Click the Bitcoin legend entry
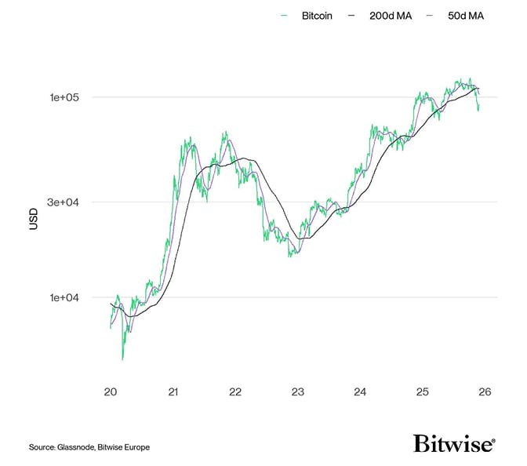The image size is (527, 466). point(317,15)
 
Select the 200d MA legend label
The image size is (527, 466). point(391,15)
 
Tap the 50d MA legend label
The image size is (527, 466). point(466,15)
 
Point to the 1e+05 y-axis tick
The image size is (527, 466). point(65,97)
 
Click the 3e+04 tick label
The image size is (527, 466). point(64,202)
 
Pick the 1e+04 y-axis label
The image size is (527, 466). point(64,297)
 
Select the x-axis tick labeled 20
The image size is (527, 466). point(111,391)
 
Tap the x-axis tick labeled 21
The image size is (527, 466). point(173,391)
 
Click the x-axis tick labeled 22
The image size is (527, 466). point(235,391)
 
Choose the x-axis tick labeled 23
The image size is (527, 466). point(297,391)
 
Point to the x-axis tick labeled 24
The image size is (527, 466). point(360,391)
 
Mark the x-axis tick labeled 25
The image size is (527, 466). point(422,391)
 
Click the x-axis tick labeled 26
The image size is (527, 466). point(485,391)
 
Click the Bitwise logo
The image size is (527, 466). point(454,444)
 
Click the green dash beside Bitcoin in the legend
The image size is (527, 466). point(284,15)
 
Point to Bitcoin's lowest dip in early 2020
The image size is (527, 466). point(122,359)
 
